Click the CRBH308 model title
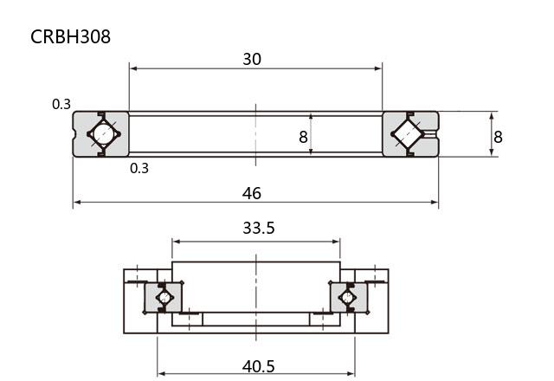70,36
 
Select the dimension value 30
252,59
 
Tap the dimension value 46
252,194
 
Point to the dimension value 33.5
259,228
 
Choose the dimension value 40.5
259,366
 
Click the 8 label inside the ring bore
303,137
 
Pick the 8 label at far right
498,137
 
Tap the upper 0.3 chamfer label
61,104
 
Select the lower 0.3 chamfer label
139,168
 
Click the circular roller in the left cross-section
104,134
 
